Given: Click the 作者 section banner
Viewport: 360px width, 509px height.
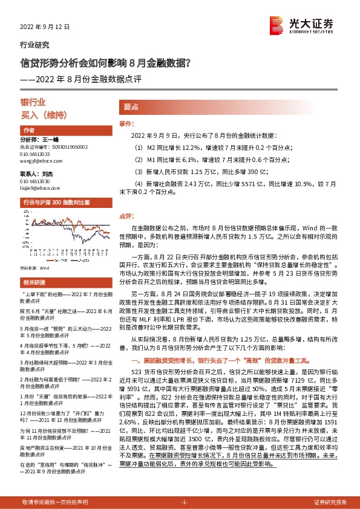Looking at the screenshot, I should pos(28,131).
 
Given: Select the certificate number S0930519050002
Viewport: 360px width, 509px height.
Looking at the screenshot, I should pos(67,146).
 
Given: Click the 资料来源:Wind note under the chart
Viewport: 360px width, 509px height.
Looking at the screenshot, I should pos(34,267).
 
